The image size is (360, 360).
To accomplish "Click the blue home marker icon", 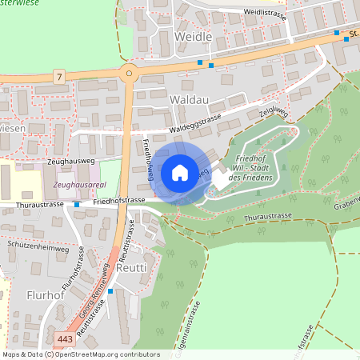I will tap(179, 172).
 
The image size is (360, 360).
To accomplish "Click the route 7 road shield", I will tap(58, 76).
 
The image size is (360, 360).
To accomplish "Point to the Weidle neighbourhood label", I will tap(193, 37).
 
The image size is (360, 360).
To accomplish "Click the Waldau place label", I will tap(190, 98).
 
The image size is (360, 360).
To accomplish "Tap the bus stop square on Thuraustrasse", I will tap(77, 204).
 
